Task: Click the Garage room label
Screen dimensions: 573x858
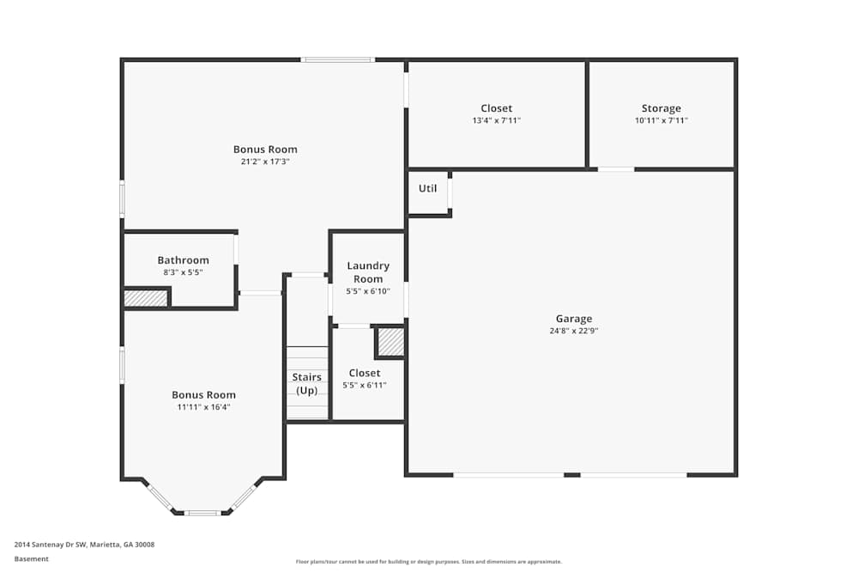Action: (573, 319)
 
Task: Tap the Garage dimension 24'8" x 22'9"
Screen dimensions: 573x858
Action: (573, 331)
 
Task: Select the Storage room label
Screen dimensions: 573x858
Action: (661, 108)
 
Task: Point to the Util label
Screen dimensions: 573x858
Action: (427, 188)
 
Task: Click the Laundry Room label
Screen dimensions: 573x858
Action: (367, 272)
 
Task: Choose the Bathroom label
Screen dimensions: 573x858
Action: (183, 260)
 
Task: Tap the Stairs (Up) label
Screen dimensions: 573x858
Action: (306, 383)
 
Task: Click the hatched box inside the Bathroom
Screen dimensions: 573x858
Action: (145, 298)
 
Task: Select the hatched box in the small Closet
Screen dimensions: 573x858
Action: (390, 342)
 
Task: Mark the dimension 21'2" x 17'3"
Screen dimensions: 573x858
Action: (265, 162)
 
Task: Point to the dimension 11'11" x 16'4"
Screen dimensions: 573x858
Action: (203, 407)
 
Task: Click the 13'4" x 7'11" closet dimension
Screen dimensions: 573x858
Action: (496, 120)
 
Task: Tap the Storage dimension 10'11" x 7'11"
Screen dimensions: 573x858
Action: (661, 120)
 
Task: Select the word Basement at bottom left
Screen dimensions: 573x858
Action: (31, 558)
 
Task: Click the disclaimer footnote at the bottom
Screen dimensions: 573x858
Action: (428, 562)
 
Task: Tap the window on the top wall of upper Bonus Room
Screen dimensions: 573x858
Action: (337, 59)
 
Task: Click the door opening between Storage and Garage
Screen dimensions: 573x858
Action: (615, 169)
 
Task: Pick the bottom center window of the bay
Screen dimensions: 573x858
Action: (202, 513)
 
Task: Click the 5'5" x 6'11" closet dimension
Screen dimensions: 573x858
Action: (365, 385)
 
